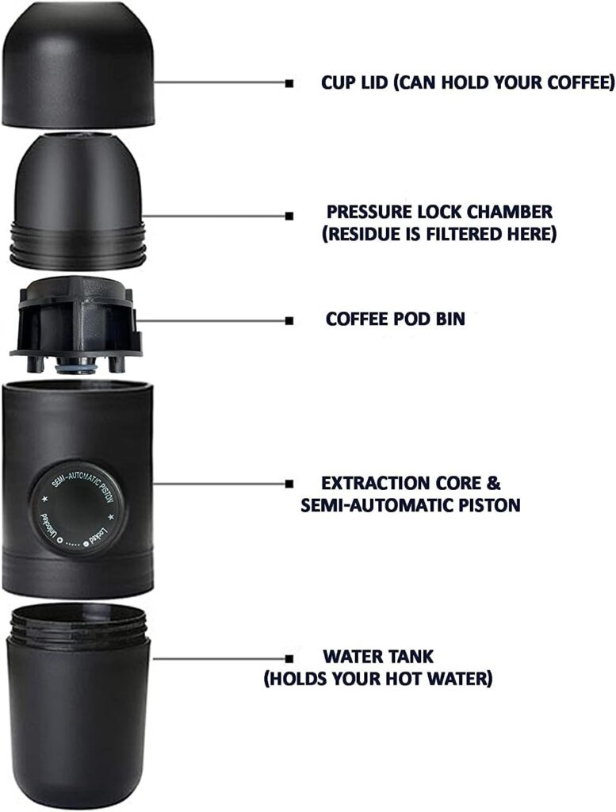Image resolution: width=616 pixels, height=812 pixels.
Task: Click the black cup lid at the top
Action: (x=78, y=65)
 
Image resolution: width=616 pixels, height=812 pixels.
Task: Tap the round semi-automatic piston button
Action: (x=76, y=508)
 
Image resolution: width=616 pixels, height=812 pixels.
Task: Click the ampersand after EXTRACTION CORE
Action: (x=493, y=483)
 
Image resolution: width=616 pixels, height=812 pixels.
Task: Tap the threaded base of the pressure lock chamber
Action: (x=77, y=244)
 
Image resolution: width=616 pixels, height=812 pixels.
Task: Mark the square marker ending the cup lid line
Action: (x=289, y=82)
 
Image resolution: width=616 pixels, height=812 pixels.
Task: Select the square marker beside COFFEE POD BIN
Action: (x=289, y=321)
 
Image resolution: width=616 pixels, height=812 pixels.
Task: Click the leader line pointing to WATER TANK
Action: (x=220, y=659)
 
